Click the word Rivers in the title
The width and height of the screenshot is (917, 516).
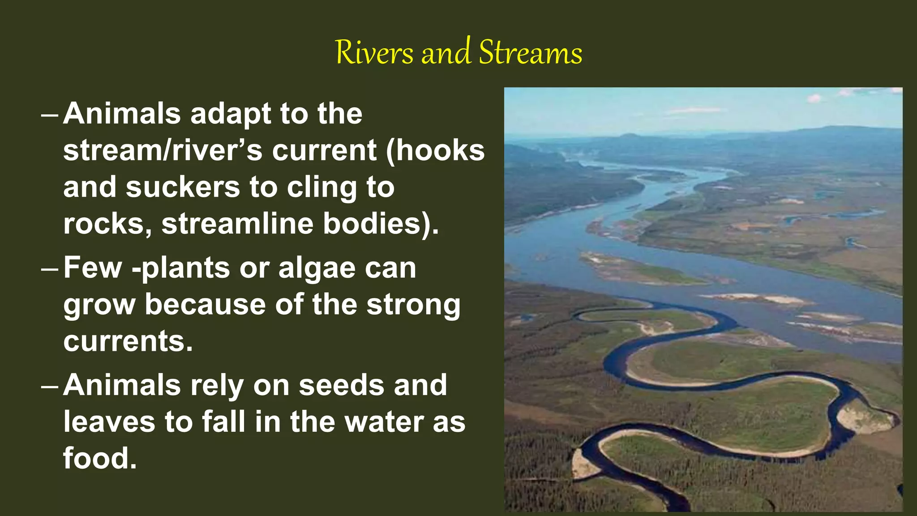coord(374,53)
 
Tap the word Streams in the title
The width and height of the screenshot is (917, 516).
coord(531,53)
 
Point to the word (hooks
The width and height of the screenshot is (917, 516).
coord(436,150)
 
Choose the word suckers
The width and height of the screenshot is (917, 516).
coord(183,187)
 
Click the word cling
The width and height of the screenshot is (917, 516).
coord(322,188)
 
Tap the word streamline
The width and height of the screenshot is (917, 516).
coord(237,224)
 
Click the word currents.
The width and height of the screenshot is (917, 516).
coord(128,341)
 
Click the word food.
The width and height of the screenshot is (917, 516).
coord(99,459)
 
